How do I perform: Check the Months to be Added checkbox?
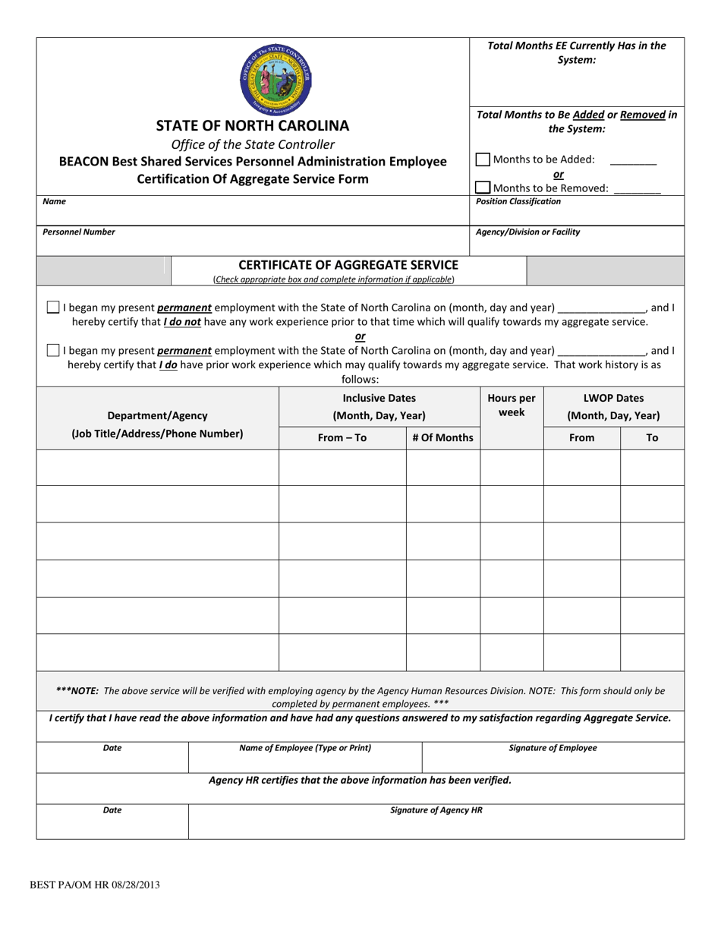pos(483,159)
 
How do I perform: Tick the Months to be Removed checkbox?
pos(483,188)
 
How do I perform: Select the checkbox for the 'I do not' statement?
pos(53,308)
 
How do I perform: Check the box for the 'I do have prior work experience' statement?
pos(53,350)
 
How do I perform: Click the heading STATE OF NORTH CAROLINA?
pos(253,125)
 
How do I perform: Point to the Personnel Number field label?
pos(79,232)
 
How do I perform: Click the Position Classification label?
pos(518,202)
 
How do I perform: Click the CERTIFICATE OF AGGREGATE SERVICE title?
pos(348,265)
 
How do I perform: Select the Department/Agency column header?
pos(157,415)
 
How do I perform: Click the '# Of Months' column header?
pos(442,437)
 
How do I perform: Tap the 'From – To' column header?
pos(342,437)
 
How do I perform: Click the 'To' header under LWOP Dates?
pos(652,437)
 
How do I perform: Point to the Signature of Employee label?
pos(553,748)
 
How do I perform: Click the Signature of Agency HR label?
pos(436,810)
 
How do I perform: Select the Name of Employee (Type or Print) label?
pos(305,748)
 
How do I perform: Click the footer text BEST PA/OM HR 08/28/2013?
pos(94,885)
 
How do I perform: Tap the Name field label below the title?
pos(54,202)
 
